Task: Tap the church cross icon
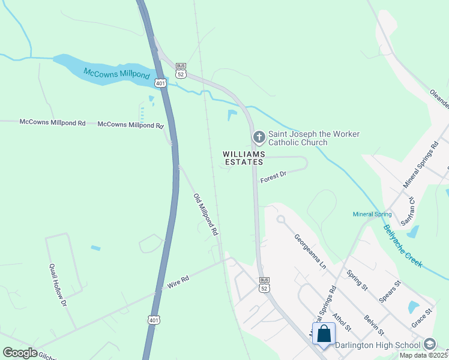tap(259, 138)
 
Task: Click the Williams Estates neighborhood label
tap(243, 158)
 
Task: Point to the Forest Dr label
tap(274, 176)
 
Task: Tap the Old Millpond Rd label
tap(205, 214)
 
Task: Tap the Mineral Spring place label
tap(372, 214)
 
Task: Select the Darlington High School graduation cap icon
tap(430, 344)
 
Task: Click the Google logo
tap(20, 353)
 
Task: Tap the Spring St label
tap(357, 280)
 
